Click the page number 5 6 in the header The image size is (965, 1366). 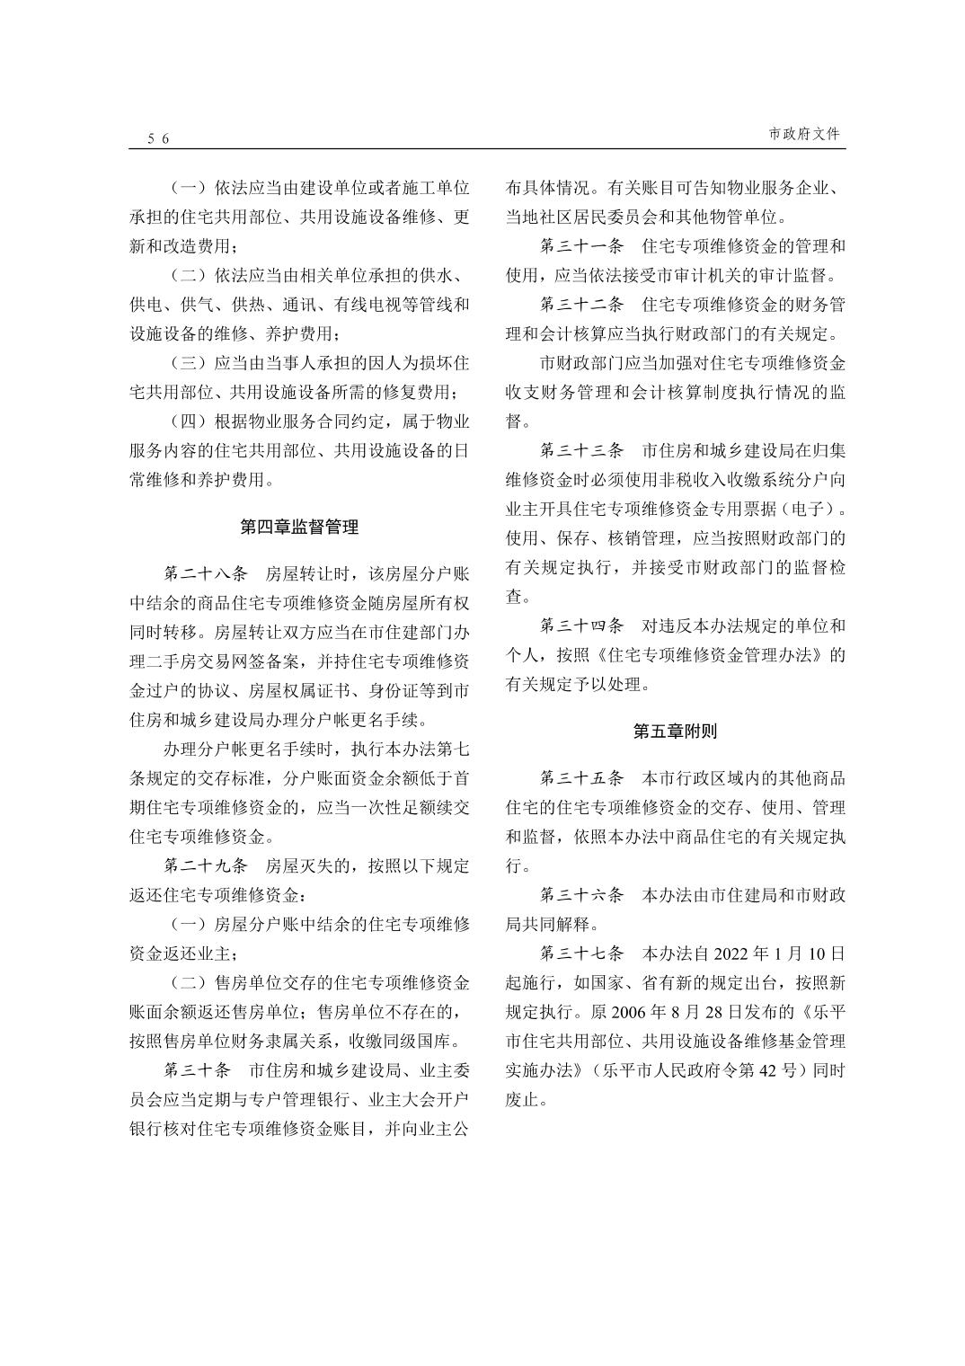[159, 138]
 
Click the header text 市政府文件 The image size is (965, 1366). [804, 134]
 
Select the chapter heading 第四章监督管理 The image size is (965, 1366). [299, 528]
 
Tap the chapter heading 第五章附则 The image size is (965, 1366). [675, 732]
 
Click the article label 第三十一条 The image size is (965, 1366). [581, 246]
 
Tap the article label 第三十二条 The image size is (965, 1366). [581, 305]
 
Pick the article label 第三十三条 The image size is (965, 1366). [581, 450]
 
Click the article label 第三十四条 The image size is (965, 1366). [581, 625]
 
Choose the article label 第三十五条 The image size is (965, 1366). [581, 778]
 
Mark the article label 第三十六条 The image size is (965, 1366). [581, 895]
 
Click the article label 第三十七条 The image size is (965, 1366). [581, 954]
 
